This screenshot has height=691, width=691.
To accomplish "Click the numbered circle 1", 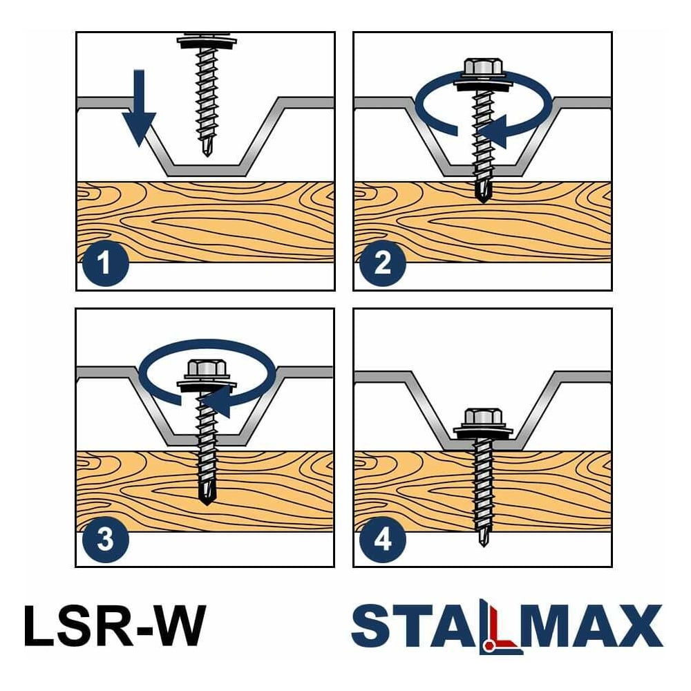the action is (x=105, y=263).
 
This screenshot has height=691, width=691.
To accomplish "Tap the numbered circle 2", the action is (x=383, y=263).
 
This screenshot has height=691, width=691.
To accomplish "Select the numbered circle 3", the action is (x=105, y=540).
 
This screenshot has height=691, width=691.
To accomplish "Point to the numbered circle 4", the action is (x=383, y=540).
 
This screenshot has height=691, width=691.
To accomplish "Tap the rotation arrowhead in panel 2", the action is (x=493, y=131).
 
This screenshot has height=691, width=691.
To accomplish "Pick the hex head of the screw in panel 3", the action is (x=207, y=369).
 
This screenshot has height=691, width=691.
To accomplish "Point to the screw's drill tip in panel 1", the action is (x=206, y=148).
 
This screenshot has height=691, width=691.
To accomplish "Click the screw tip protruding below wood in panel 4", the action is (x=484, y=538).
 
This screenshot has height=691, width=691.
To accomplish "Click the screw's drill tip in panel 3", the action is (x=206, y=495).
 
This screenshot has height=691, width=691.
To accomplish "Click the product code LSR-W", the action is (x=115, y=625).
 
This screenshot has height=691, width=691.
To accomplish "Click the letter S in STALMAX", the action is (x=371, y=626).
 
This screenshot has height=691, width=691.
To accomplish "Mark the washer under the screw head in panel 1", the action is (x=207, y=43).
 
